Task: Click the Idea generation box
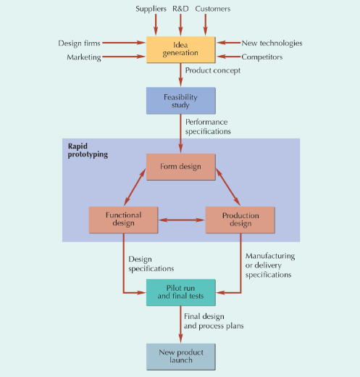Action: [180, 49]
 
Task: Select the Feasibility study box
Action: [180, 101]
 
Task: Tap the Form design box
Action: [180, 167]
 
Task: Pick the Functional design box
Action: [124, 220]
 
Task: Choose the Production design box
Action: [240, 220]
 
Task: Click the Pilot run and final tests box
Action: [180, 292]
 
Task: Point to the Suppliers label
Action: [151, 9]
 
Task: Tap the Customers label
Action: [213, 9]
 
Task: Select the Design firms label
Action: [79, 43]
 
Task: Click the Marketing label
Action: [84, 57]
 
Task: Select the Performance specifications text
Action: [208, 127]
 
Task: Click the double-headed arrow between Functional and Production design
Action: [182, 220]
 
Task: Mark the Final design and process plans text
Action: [214, 321]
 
